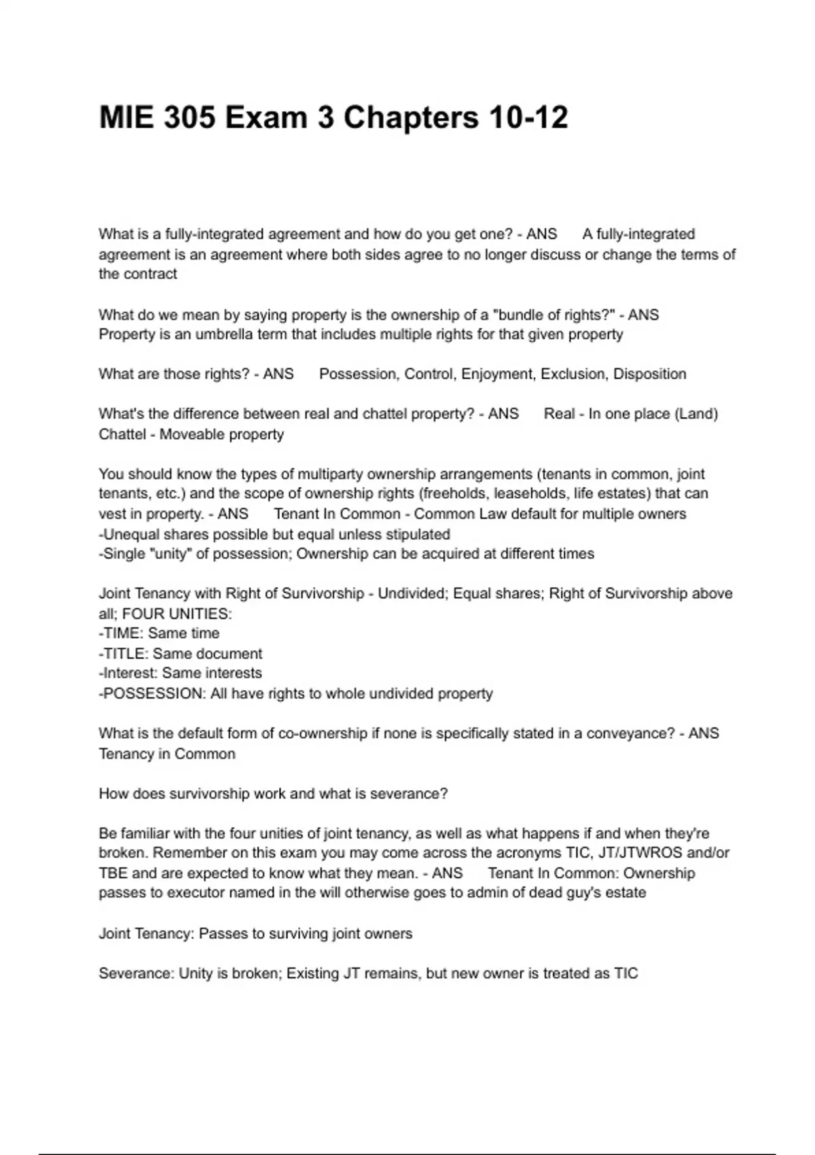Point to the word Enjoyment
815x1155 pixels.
497,374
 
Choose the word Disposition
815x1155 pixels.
649,374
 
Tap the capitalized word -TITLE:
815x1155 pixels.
123,654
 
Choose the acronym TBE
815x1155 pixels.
113,873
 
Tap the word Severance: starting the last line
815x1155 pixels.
136,973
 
